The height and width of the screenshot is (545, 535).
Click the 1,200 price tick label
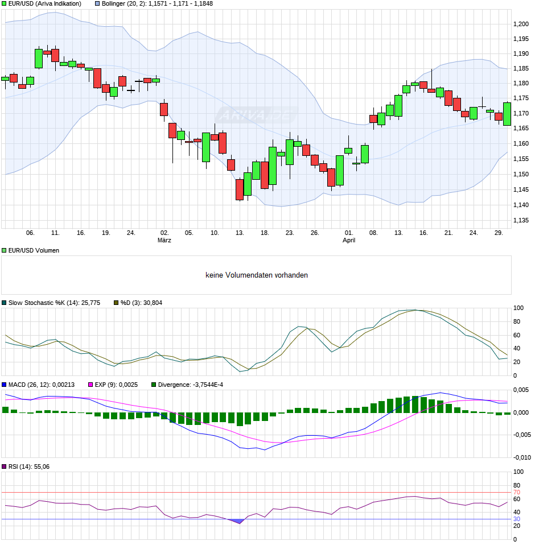521,24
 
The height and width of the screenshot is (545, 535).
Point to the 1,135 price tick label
521,220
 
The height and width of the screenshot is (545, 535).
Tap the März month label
164,240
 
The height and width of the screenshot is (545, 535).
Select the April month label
349,240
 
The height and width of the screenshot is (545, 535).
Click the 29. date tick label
499,233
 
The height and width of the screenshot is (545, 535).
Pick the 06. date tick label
30,233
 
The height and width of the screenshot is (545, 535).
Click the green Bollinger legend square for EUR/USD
4,3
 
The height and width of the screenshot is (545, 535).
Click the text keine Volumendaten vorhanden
257,275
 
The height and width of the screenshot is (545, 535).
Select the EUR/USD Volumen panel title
34,250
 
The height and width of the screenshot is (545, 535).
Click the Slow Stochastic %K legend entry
54,303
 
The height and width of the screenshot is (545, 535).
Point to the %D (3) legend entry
141,303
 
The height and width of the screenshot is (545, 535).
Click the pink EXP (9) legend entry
116,385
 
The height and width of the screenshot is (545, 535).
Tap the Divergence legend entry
191,385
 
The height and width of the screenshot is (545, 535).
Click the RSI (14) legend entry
29,466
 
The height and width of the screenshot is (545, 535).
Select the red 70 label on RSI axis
517,492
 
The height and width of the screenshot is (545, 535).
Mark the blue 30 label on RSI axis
517,519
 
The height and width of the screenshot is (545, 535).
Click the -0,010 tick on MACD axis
522,457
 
